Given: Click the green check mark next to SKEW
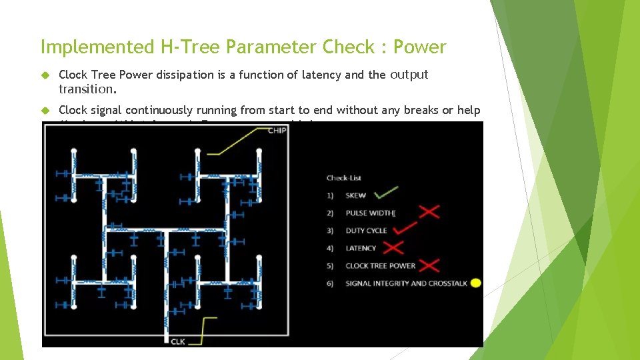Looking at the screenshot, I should tap(386, 193).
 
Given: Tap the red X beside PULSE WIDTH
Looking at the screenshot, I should tap(429, 212).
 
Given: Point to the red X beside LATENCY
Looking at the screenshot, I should tap(394, 247).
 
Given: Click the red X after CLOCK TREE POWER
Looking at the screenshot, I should tap(429, 265).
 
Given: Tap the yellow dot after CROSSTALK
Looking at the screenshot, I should tap(475, 283).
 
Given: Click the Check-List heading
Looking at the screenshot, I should tap(343, 178).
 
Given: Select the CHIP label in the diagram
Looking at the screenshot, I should tap(277, 131).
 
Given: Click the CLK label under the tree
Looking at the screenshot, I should tap(177, 342).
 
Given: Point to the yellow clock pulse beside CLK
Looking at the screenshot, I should tap(207, 329).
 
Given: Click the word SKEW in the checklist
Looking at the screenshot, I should tap(355, 195).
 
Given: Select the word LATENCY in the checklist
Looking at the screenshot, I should tap(361, 248).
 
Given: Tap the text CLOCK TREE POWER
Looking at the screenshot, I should tap(380, 265).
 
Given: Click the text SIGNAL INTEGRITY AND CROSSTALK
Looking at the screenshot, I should tap(406, 283).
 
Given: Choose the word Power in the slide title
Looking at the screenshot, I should tap(419, 47).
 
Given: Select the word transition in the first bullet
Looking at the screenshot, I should tap(85, 89).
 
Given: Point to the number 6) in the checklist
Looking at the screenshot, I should tap(330, 283).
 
